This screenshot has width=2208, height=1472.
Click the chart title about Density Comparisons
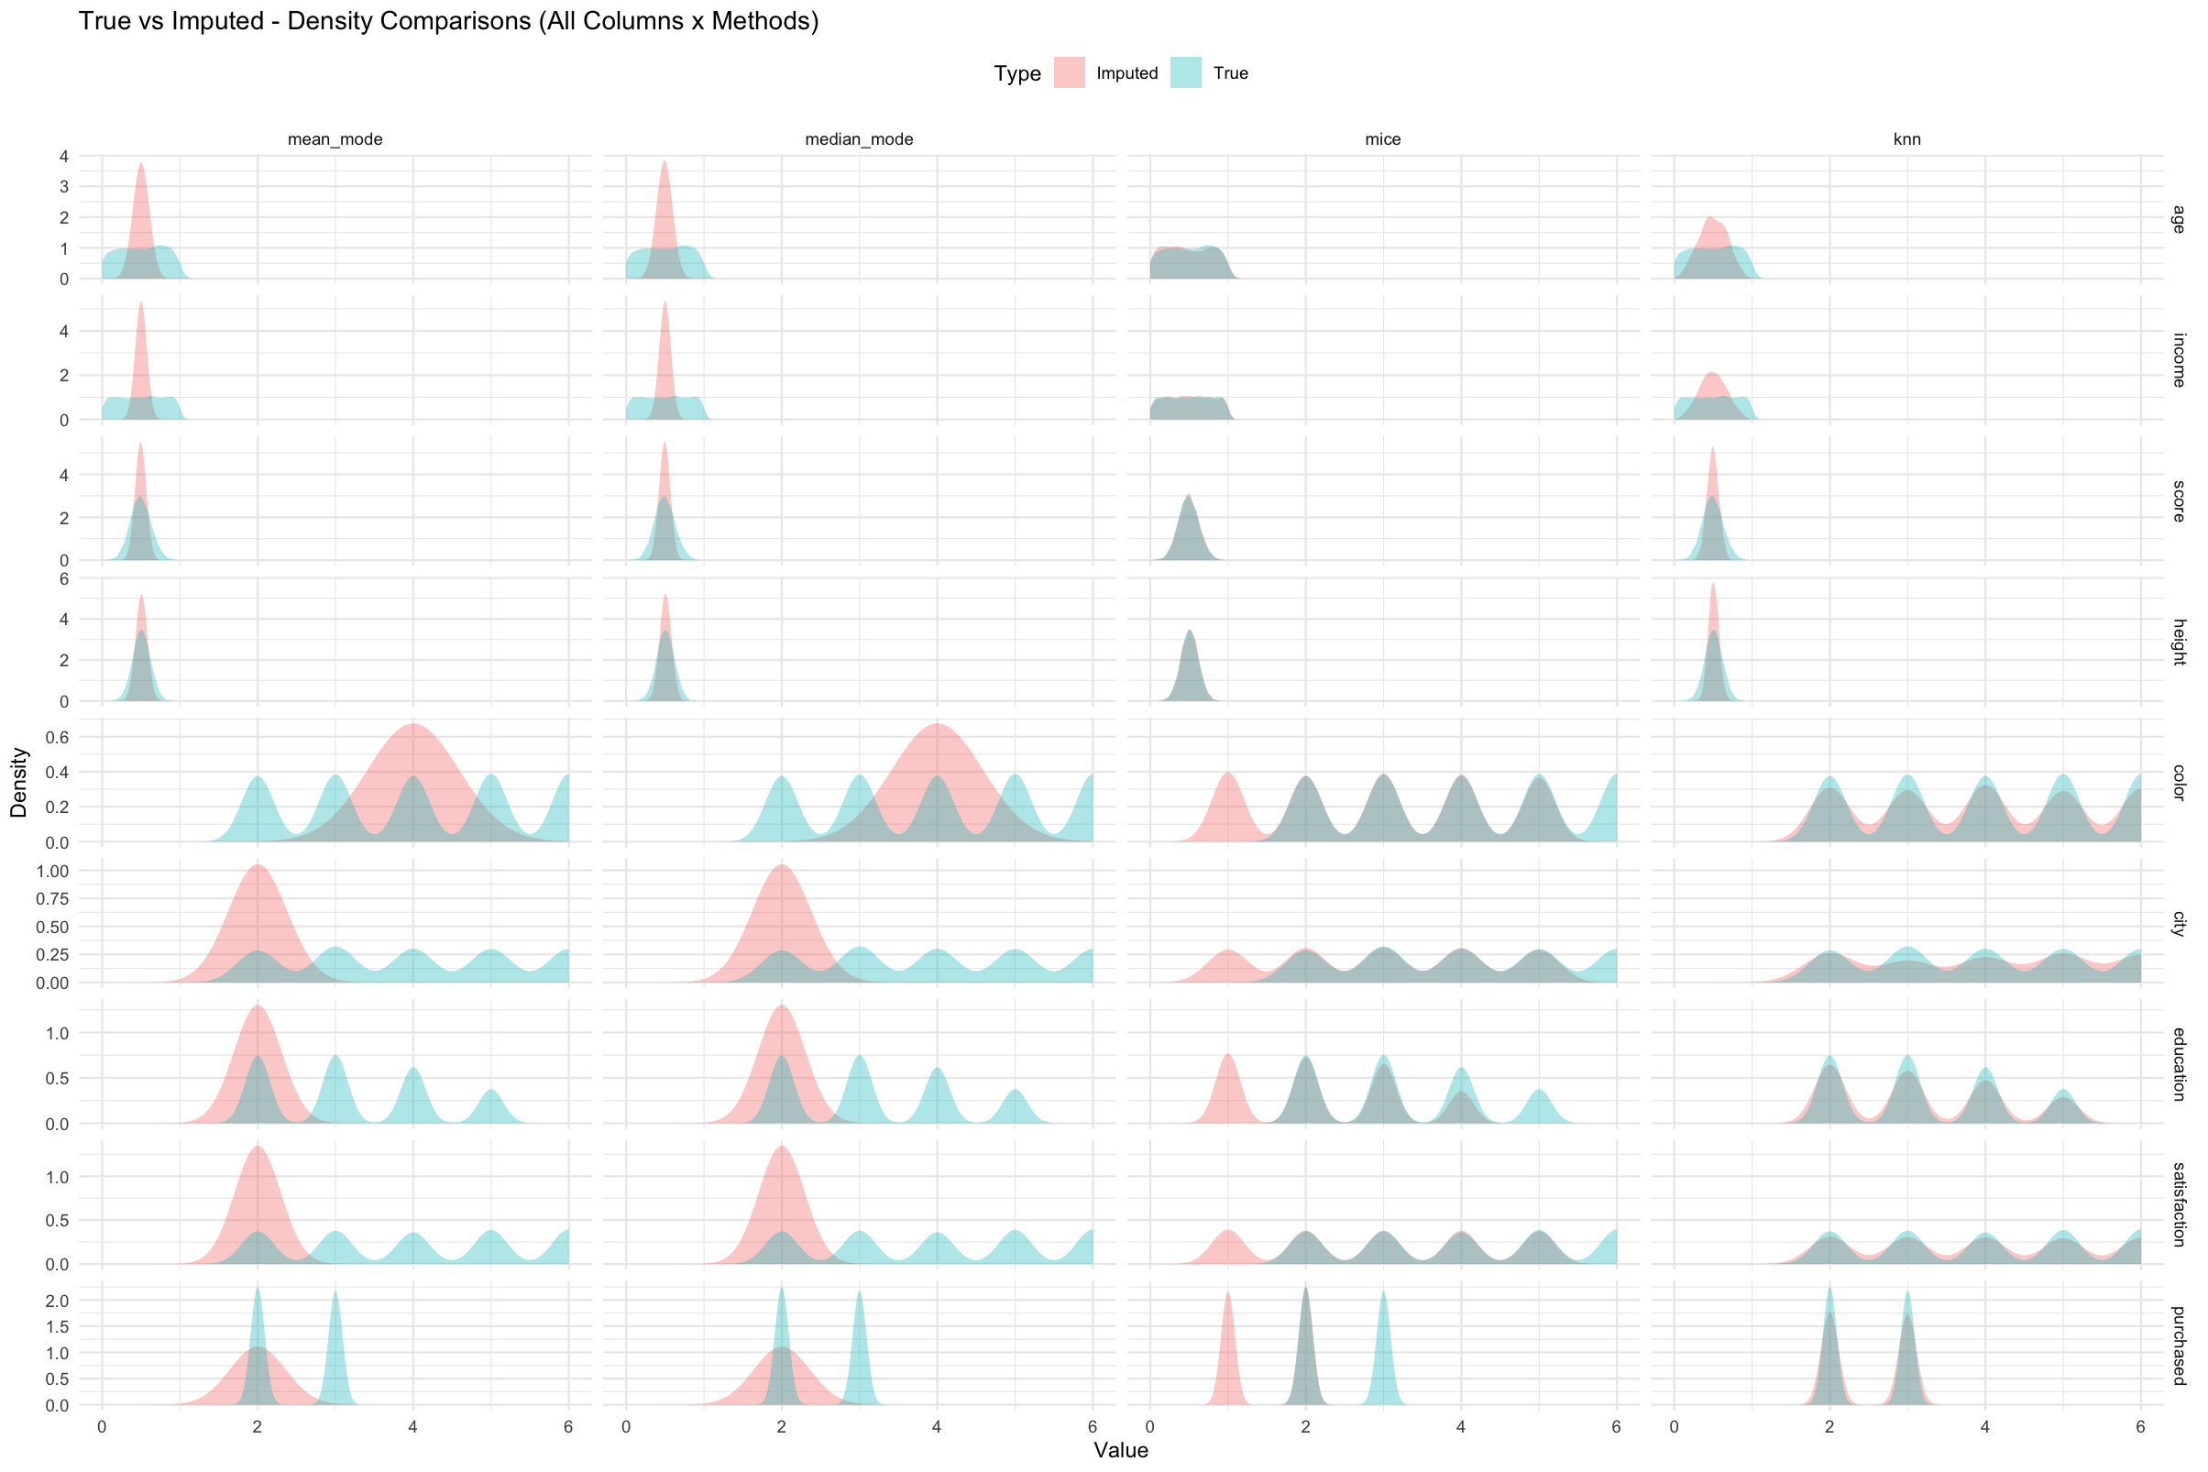pyautogui.click(x=449, y=21)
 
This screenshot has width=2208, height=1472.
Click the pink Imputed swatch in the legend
pyautogui.click(x=1070, y=73)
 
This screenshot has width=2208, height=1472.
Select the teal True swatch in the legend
pyautogui.click(x=1186, y=73)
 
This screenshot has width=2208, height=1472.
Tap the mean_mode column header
pyautogui.click(x=335, y=140)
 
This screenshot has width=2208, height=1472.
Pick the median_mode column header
pyautogui.click(x=859, y=140)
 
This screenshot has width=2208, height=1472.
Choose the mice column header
pyautogui.click(x=1383, y=140)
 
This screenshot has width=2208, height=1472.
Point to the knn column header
pyautogui.click(x=1906, y=140)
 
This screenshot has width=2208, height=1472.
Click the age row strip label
pyautogui.click(x=2179, y=219)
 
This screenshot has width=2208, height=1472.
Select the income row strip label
pyautogui.click(x=2179, y=359)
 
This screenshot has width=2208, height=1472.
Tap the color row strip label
pyautogui.click(x=2179, y=782)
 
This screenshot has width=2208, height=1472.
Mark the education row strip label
pyautogui.click(x=2179, y=1063)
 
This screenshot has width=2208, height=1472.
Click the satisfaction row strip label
pyautogui.click(x=2179, y=1204)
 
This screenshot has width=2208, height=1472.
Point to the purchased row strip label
pyautogui.click(x=2179, y=1346)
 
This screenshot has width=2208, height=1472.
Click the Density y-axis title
pyautogui.click(x=18, y=782)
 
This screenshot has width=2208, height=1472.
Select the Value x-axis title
pyautogui.click(x=1121, y=1450)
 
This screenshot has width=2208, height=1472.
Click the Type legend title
pyautogui.click(x=1017, y=73)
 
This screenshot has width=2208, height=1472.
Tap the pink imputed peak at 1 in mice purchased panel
pyautogui.click(x=1227, y=1314)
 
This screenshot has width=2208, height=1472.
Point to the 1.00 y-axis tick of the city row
pyautogui.click(x=51, y=871)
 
